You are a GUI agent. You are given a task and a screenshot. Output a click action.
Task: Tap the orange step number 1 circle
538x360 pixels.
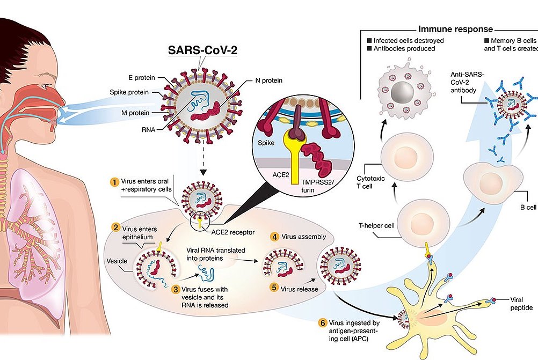pos(114,181)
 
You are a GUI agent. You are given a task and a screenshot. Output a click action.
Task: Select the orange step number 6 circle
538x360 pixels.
pos(322,322)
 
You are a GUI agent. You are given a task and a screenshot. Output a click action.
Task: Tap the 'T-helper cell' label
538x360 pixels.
pos(376,225)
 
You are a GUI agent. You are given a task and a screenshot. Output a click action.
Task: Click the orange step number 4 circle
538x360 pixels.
pos(274,236)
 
